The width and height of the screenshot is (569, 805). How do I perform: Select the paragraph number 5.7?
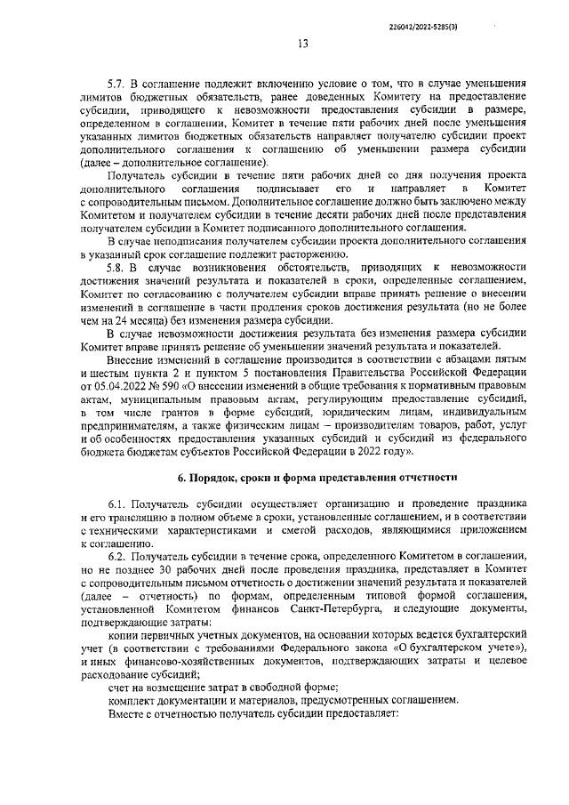[x=116, y=81]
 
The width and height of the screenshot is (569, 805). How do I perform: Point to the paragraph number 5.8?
[x=116, y=268]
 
